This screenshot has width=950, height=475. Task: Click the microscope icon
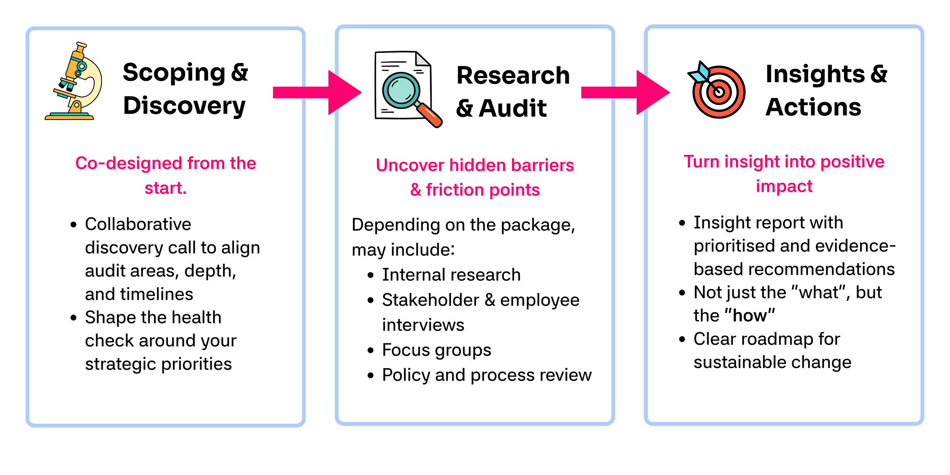click(x=74, y=82)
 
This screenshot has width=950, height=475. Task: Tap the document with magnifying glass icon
click(x=407, y=89)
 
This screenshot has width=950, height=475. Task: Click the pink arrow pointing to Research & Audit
click(x=317, y=92)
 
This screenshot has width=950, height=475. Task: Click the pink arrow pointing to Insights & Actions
click(x=625, y=92)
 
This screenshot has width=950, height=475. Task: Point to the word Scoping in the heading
click(x=174, y=73)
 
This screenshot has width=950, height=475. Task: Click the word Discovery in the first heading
click(x=184, y=106)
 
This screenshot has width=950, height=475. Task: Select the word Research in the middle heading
click(x=513, y=75)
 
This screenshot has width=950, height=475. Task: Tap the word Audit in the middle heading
click(x=513, y=109)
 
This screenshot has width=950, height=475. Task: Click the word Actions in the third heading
click(x=813, y=107)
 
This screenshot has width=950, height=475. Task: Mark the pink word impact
click(x=784, y=186)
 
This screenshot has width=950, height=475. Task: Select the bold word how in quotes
click(x=750, y=316)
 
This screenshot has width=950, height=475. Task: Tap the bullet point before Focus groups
click(x=371, y=350)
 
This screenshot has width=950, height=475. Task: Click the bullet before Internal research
click(x=371, y=275)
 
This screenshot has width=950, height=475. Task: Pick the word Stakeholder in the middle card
click(x=431, y=300)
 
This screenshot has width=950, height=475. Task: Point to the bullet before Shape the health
click(x=74, y=318)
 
